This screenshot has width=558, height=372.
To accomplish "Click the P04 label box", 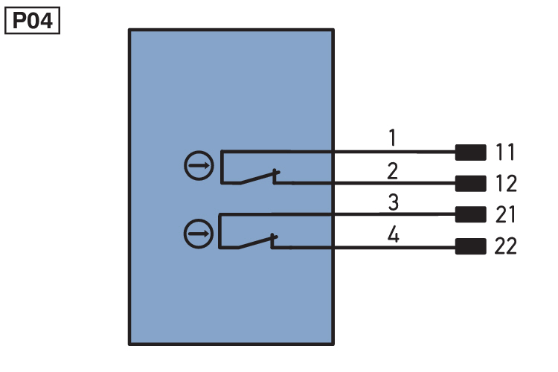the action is pyautogui.click(x=33, y=21).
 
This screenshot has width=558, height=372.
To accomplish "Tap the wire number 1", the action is pyautogui.click(x=392, y=138).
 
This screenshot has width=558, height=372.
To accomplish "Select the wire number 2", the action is pyautogui.click(x=392, y=171).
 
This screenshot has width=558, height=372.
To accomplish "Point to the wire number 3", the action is pyautogui.click(x=393, y=202).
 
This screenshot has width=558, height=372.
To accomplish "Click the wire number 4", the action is pyautogui.click(x=393, y=235).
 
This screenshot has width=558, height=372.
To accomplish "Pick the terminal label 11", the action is pyautogui.click(x=505, y=152).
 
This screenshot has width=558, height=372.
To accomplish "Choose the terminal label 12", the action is pyautogui.click(x=506, y=183).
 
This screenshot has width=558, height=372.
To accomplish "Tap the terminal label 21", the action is pyautogui.click(x=505, y=214).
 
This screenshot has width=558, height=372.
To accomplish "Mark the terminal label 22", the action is pyautogui.click(x=506, y=246).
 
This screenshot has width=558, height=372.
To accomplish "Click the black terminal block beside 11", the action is pyautogui.click(x=470, y=153).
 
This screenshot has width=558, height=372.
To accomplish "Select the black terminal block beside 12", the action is pyautogui.click(x=470, y=183).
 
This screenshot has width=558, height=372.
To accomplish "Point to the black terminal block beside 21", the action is pyautogui.click(x=470, y=214).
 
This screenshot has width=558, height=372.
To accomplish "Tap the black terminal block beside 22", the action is pyautogui.click(x=470, y=246).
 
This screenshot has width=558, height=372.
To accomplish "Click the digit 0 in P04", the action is pyautogui.click(x=33, y=21).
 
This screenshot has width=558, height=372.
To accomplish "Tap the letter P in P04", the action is pyautogui.click(x=19, y=21).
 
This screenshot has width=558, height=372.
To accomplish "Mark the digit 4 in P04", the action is pyautogui.click(x=46, y=21).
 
